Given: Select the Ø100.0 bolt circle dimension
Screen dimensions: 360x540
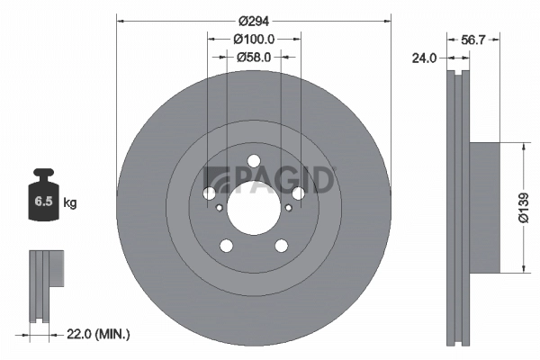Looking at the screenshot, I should click(x=254, y=40).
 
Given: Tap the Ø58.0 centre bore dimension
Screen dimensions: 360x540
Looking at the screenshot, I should click(x=254, y=58).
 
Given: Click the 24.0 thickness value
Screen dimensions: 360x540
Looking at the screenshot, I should click(x=424, y=58).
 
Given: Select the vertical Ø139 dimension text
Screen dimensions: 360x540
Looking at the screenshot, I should click(x=523, y=207).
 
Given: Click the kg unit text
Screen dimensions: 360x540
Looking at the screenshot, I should click(x=69, y=203).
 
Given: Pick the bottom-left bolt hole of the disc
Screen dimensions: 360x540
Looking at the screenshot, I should click(x=226, y=246).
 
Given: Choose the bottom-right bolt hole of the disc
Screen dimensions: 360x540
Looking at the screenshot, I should click(x=281, y=246).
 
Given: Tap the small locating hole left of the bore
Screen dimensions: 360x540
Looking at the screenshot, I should click(x=220, y=208).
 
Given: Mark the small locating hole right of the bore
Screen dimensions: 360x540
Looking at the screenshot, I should click(x=288, y=208).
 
